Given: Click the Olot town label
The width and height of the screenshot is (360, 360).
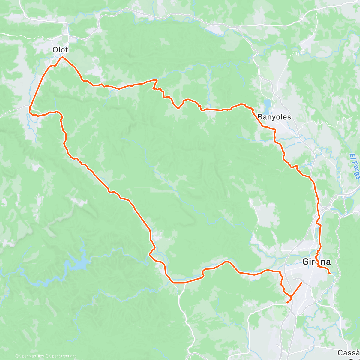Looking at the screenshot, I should pos(60,50).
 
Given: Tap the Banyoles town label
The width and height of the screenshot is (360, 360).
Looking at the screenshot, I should pos(274,117).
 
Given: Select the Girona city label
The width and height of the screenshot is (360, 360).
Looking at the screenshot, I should pos(316,262).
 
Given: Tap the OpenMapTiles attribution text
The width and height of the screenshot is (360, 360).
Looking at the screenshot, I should pos(29,356).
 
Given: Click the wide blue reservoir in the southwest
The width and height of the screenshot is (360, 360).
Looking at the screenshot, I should pos(79,264).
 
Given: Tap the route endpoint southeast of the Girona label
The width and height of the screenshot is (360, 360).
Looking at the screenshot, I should pos(330,274).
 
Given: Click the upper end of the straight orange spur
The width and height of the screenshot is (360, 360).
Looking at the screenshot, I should pos(301,283).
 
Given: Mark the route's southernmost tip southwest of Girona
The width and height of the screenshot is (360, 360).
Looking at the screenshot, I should pos(287,302).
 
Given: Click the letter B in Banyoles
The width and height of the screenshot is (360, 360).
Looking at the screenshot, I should pos(260,117).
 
